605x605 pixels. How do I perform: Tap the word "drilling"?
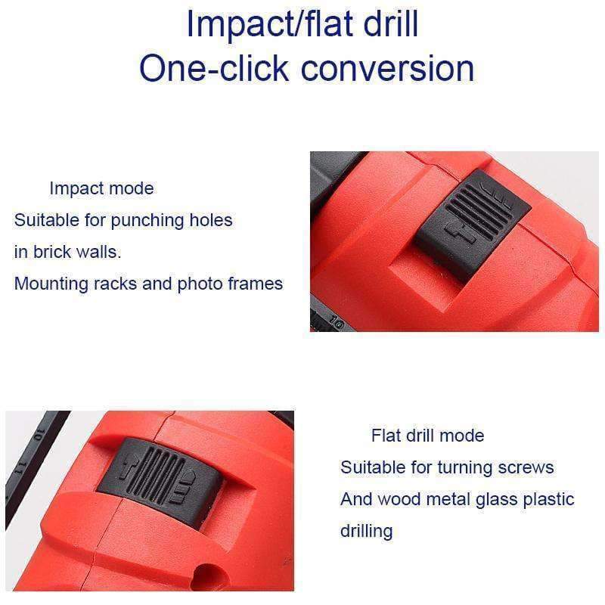point(366,531)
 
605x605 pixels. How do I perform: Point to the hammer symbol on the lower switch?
point(126,469)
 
